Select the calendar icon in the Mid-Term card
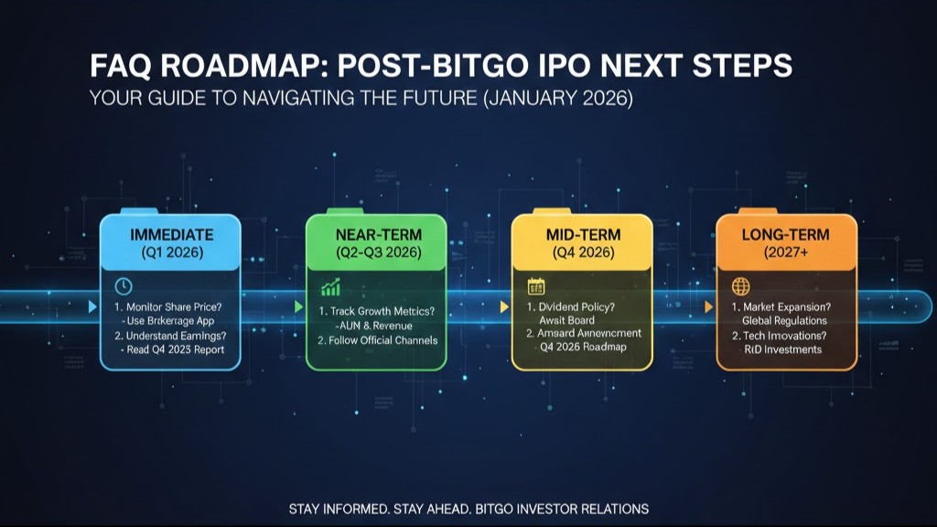(536, 287)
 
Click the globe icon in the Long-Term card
(741, 286)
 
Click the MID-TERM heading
(581, 234)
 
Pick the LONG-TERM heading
(786, 234)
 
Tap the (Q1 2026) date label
(170, 252)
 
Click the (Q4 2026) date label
(581, 252)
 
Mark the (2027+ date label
(786, 252)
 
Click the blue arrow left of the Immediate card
(92, 307)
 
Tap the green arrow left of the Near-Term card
(297, 307)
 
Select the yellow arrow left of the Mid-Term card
(503, 307)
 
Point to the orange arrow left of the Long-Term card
(709, 307)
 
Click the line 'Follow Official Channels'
(377, 340)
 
